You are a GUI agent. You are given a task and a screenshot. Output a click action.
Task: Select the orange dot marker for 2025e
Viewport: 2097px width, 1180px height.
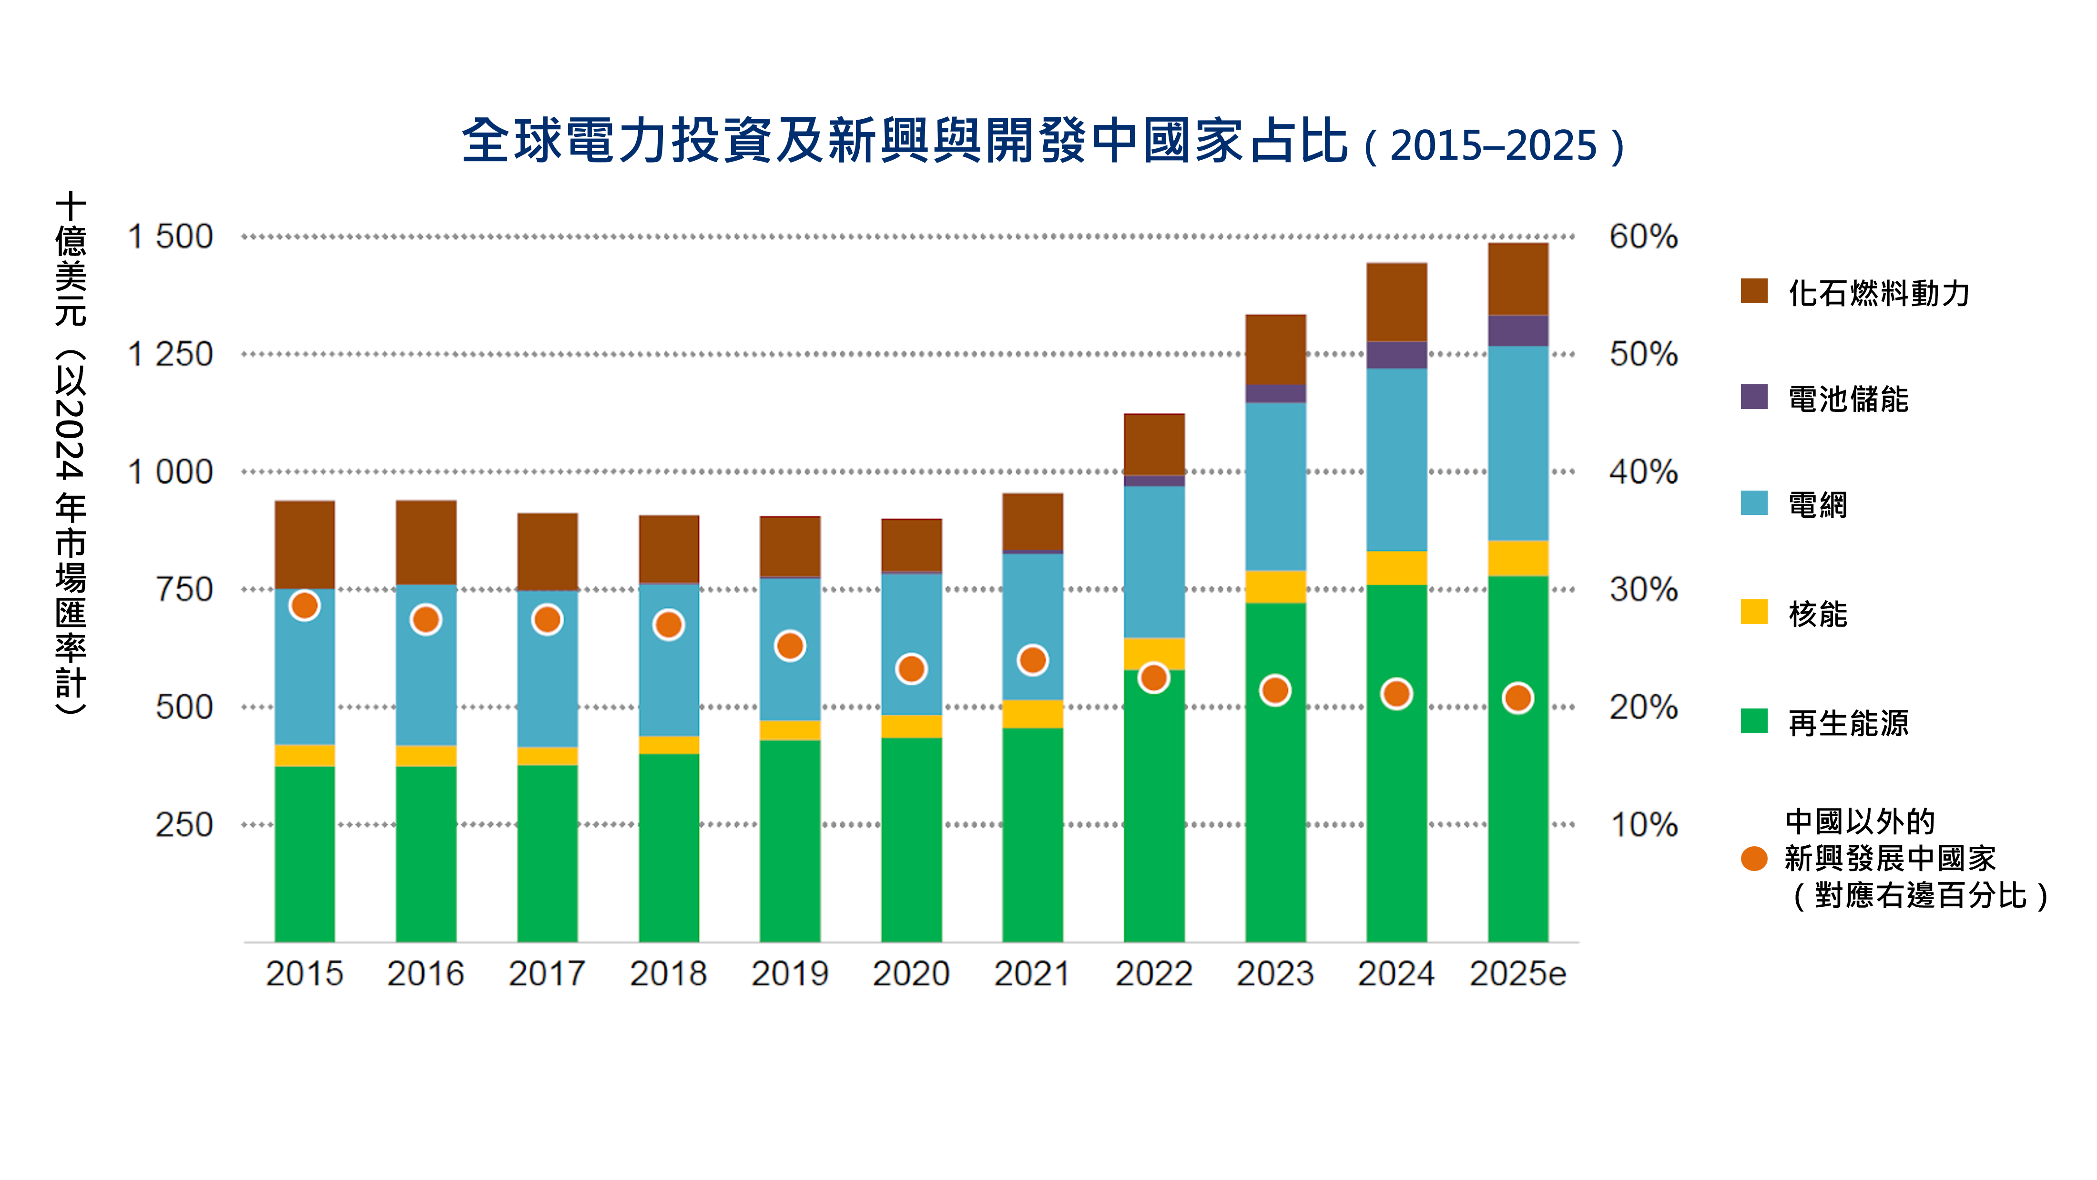point(1517,698)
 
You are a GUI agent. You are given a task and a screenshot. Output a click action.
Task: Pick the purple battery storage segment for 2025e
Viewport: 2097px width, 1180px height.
point(1517,330)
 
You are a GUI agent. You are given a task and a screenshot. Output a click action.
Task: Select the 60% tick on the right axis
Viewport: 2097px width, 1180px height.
point(1643,237)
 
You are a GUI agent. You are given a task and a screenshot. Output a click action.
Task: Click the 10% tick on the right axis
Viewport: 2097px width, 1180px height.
point(1643,825)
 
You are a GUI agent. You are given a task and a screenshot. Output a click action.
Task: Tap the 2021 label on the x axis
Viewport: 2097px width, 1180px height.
point(1031,973)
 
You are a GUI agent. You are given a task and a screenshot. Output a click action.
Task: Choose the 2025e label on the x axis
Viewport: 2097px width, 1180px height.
point(1517,973)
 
